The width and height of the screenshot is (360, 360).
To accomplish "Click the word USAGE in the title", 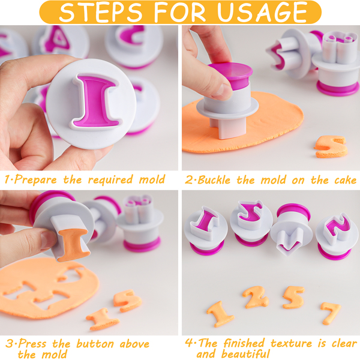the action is pyautogui.click(x=262, y=12).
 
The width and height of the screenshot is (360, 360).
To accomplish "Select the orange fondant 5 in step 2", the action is pyautogui.click(x=331, y=147).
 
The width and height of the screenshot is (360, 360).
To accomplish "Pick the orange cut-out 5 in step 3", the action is pyautogui.click(x=127, y=301).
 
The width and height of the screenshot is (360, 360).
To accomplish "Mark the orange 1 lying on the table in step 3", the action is pyautogui.click(x=103, y=319).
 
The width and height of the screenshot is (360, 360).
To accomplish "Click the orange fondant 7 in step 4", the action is pyautogui.click(x=330, y=313).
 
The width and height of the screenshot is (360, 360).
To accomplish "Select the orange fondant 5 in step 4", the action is pyautogui.click(x=293, y=298).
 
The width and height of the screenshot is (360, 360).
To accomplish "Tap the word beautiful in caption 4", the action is pyautogui.click(x=245, y=354).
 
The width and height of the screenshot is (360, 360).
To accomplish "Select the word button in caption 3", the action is pyautogui.click(x=95, y=344).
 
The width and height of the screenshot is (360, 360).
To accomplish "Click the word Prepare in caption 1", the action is pyautogui.click(x=35, y=179).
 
